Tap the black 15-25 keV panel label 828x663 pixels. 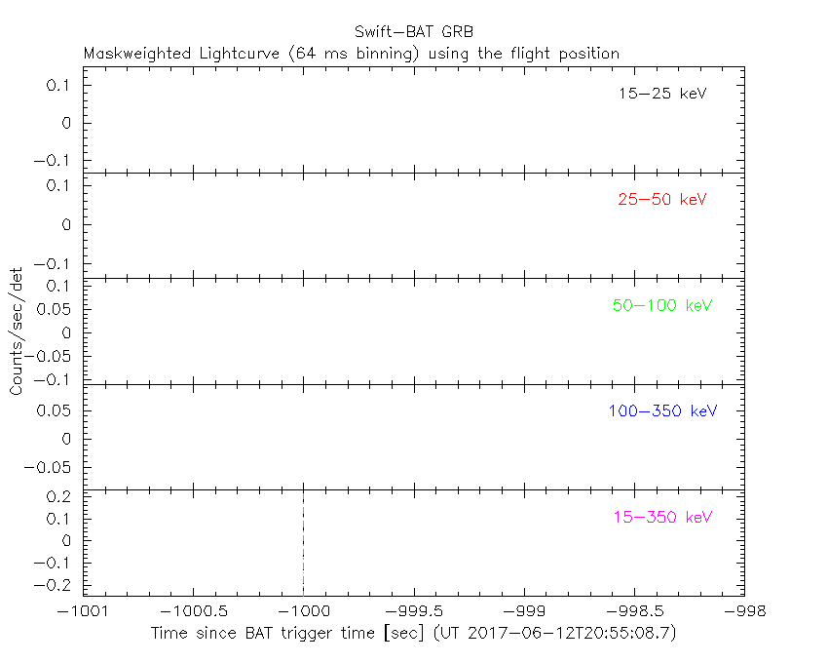[661, 95]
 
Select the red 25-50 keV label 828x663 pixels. [661, 200]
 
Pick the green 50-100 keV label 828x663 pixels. [662, 305]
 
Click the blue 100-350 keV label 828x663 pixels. [662, 410]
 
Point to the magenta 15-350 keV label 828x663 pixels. [662, 517]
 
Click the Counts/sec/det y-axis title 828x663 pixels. [17, 331]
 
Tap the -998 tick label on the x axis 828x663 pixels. [743, 610]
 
